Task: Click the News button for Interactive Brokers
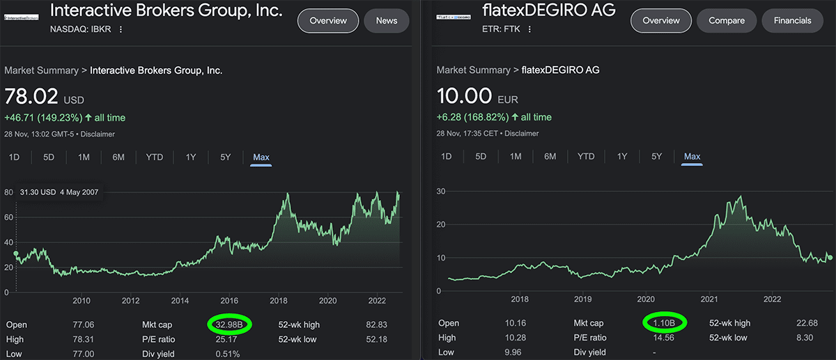click(x=386, y=21)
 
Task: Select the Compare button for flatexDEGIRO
click(x=726, y=21)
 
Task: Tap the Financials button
click(x=792, y=21)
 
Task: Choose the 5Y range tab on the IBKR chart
click(x=225, y=157)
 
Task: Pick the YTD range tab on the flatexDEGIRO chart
click(x=586, y=157)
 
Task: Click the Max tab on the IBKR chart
click(x=261, y=157)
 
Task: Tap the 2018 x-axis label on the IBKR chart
click(x=279, y=301)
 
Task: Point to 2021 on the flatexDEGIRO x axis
click(x=709, y=299)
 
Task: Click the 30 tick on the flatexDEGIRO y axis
click(x=441, y=190)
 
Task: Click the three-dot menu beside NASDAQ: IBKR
click(x=121, y=29)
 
